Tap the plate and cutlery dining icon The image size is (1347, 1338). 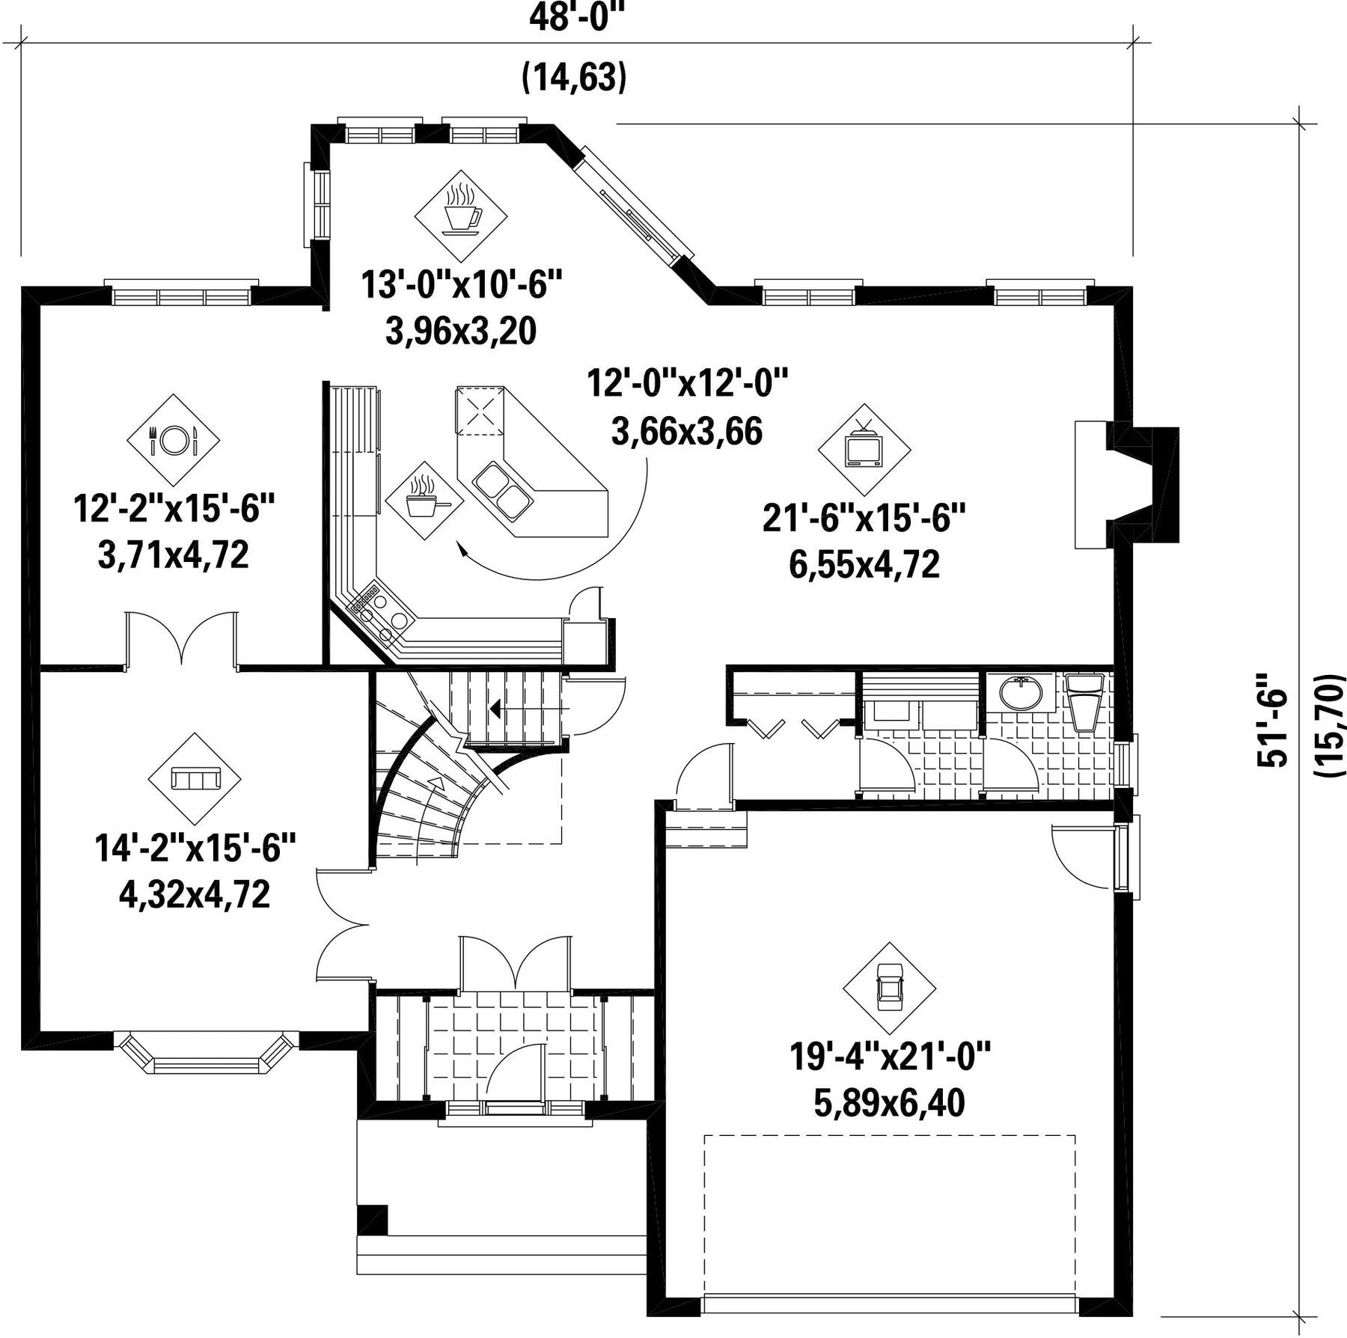pos(173,440)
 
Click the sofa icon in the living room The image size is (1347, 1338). pos(195,778)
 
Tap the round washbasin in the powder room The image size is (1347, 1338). pos(1021,693)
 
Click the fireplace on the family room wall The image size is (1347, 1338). pos(1126,484)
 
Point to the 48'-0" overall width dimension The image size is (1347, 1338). pos(576,18)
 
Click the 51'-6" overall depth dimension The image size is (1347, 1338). pos(1271,720)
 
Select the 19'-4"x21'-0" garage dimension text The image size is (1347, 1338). pos(890,1057)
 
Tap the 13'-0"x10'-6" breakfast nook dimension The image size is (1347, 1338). pos(462,285)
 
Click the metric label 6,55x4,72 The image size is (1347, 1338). pos(864,564)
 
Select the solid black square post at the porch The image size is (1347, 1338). pos(373,1220)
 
